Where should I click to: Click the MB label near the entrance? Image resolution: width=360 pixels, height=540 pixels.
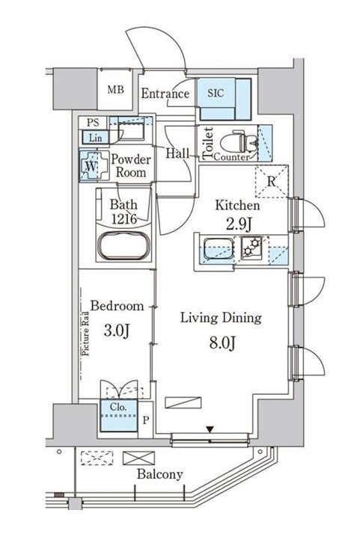pyautogui.click(x=115, y=90)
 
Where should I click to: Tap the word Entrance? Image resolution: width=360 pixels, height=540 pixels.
pyautogui.click(x=165, y=93)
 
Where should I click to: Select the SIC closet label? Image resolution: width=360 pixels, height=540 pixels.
pyautogui.click(x=216, y=93)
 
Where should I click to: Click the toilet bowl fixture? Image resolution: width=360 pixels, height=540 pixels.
pyautogui.click(x=239, y=141)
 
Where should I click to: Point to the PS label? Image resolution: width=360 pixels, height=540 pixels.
pyautogui.click(x=92, y=122)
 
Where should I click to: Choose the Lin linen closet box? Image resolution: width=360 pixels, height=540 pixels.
pyautogui.click(x=95, y=138)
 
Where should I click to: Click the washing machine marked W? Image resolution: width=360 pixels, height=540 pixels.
pyautogui.click(x=91, y=166)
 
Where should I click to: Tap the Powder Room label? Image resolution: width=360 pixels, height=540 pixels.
pyautogui.click(x=130, y=165)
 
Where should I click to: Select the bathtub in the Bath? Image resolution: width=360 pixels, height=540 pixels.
pyautogui.click(x=123, y=245)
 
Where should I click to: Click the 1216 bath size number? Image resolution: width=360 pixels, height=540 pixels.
pyautogui.click(x=123, y=218)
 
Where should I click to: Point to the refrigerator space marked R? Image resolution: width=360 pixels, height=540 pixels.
pyautogui.click(x=271, y=182)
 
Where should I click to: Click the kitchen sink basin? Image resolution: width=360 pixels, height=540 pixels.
pyautogui.click(x=219, y=248)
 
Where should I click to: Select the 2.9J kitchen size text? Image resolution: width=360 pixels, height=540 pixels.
pyautogui.click(x=239, y=224)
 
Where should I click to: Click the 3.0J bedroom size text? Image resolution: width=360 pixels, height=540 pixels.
pyautogui.click(x=117, y=331)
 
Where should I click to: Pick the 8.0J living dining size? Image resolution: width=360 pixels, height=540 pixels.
pyautogui.click(x=222, y=343)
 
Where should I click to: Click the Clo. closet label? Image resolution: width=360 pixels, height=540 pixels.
pyautogui.click(x=118, y=407)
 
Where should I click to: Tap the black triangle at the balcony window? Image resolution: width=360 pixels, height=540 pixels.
pyautogui.click(x=210, y=429)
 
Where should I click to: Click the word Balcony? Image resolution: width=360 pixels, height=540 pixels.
pyautogui.click(x=160, y=475)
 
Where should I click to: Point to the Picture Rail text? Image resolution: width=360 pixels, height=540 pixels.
pyautogui.click(x=85, y=334)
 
